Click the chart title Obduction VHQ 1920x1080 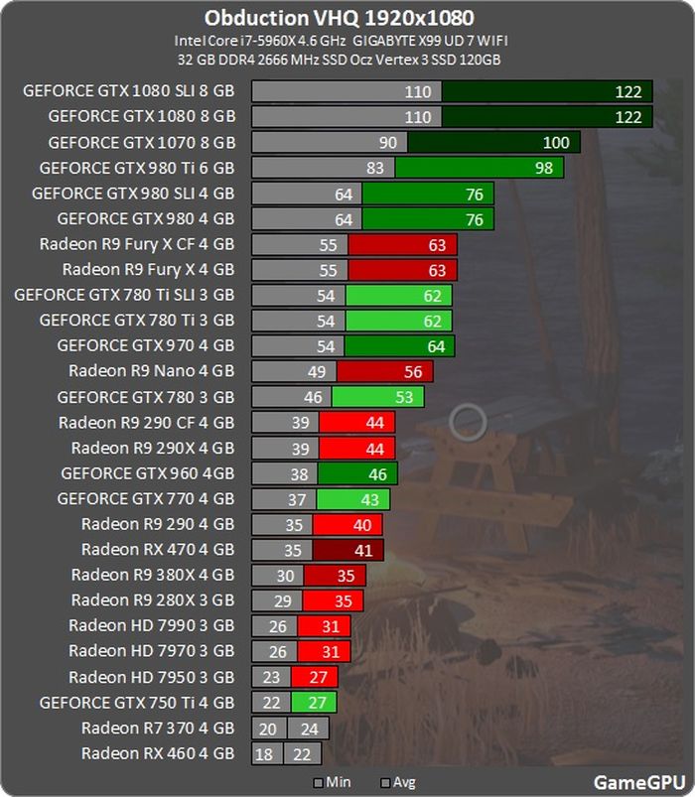[339, 18]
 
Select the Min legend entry [332, 782]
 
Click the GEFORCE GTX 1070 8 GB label [141, 142]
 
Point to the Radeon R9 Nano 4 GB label [151, 371]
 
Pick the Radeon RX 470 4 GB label [158, 549]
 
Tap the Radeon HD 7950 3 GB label [151, 677]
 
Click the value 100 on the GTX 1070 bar [556, 142]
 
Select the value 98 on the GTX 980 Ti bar [543, 168]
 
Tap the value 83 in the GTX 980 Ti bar [374, 168]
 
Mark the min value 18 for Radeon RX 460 [264, 754]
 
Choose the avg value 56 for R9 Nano [413, 371]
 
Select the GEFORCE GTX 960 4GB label [147, 473]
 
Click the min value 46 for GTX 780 [312, 397]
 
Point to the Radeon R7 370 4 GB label [158, 729]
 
